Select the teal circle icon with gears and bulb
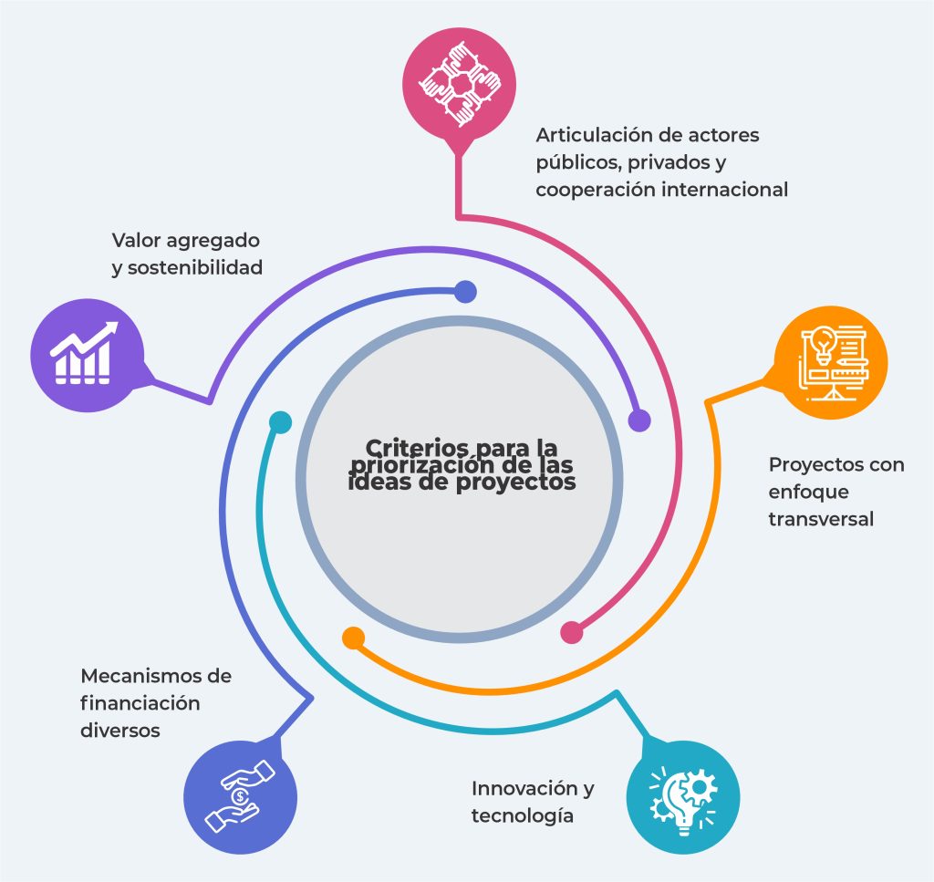coord(684,794)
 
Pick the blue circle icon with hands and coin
coord(240,796)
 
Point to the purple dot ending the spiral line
coord(639,420)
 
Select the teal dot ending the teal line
coord(281,422)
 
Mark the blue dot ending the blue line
coord(465,292)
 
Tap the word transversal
coord(821,518)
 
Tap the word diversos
coord(120,731)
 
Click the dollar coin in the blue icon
coord(239,796)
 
